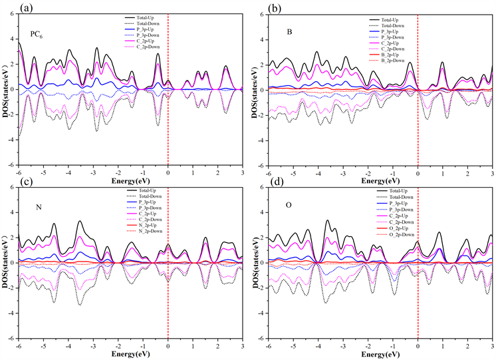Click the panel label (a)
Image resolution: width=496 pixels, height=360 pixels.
point(10,8)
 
